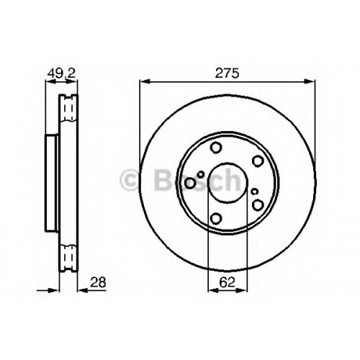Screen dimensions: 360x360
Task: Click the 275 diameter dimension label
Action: (x=227, y=73)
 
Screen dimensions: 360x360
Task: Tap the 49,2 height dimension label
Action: (x=61, y=73)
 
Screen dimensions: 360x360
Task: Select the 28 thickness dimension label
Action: (x=98, y=282)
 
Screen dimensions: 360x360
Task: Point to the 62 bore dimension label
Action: (x=227, y=282)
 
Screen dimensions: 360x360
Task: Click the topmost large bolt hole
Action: (x=216, y=147)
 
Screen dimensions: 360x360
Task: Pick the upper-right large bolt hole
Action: (x=258, y=161)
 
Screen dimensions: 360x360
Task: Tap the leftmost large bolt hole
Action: (x=190, y=183)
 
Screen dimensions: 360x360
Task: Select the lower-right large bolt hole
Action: (x=258, y=204)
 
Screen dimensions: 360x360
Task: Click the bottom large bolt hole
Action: (x=216, y=218)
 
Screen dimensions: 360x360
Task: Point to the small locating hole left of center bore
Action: (x=201, y=174)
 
